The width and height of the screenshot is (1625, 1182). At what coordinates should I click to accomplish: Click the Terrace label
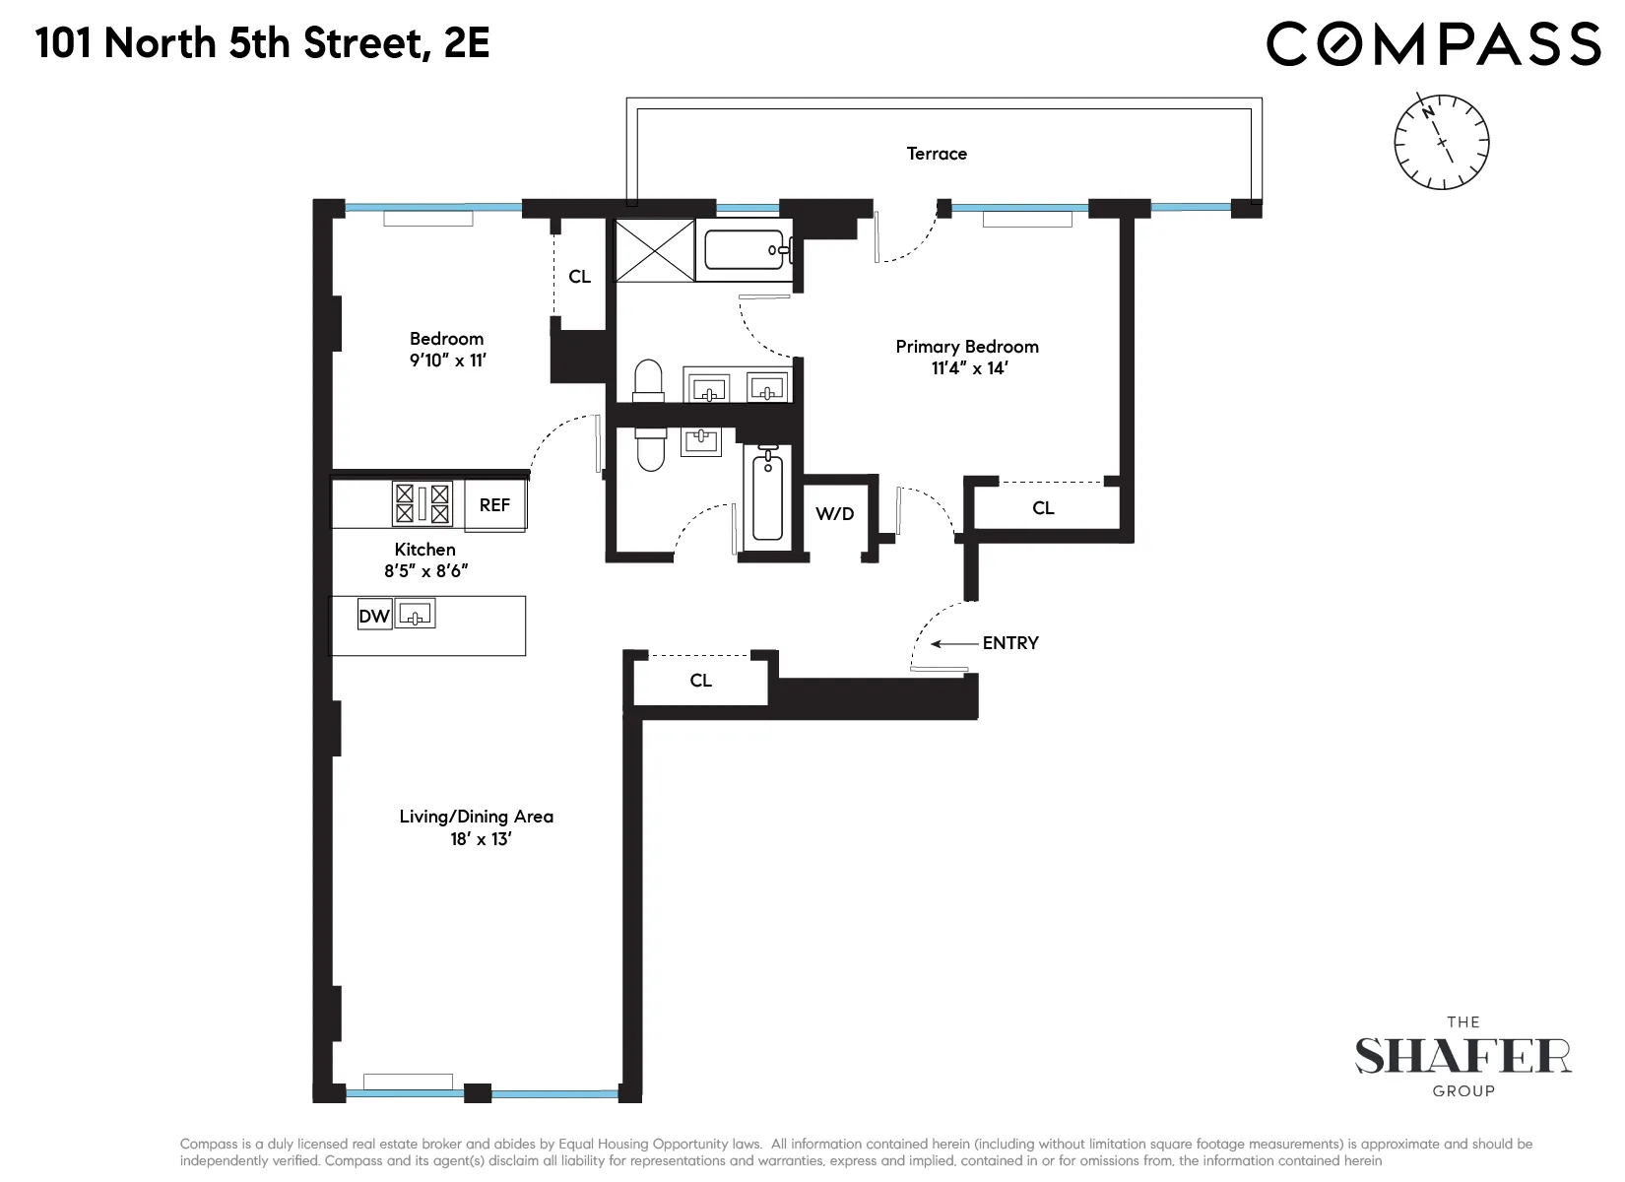coord(937,154)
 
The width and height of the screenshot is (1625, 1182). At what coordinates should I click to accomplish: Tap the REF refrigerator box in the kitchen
coord(494,505)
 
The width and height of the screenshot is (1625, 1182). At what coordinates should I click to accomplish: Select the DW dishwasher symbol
coord(374,617)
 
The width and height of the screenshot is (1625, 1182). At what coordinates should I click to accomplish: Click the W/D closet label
coord(835,514)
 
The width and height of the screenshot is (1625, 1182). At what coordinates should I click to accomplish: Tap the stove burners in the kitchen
coord(422,503)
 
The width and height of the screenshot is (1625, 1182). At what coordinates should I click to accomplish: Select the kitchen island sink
coord(415,615)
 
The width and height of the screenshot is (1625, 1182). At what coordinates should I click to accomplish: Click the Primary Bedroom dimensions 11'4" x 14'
coord(966,369)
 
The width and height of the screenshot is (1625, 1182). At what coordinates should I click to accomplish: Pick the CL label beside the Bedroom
coord(579,277)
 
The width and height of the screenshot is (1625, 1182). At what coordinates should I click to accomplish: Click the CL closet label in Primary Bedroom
coord(1043,508)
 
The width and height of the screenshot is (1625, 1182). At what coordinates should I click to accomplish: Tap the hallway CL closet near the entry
coord(700,681)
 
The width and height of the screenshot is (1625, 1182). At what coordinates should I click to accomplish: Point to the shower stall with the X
coord(655,250)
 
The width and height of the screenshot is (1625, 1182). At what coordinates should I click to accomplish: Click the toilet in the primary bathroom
coord(648,382)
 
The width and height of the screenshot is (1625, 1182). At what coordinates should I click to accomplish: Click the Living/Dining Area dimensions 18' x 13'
coord(477,840)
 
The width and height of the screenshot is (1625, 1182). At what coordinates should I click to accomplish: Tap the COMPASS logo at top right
coord(1433,44)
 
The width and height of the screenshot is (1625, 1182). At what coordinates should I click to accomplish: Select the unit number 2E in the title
coord(467,44)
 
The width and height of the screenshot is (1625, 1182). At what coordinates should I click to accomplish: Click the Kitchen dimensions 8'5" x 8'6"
coord(425,570)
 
